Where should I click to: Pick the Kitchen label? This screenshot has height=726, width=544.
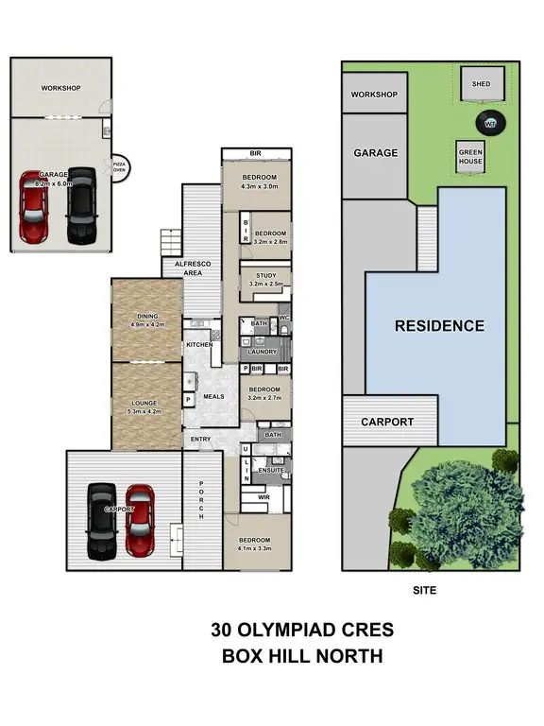click(198, 345)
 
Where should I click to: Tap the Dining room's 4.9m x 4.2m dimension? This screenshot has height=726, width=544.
click(146, 324)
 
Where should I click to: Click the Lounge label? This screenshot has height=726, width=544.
click(145, 403)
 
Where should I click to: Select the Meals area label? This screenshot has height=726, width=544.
click(213, 396)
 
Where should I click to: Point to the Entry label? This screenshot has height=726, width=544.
click(200, 440)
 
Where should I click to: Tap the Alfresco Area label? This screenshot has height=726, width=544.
click(193, 268)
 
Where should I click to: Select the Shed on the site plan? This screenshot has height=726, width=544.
click(481, 84)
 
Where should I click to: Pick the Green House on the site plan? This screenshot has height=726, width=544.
click(470, 155)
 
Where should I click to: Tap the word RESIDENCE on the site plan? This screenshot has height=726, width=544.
click(439, 325)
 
